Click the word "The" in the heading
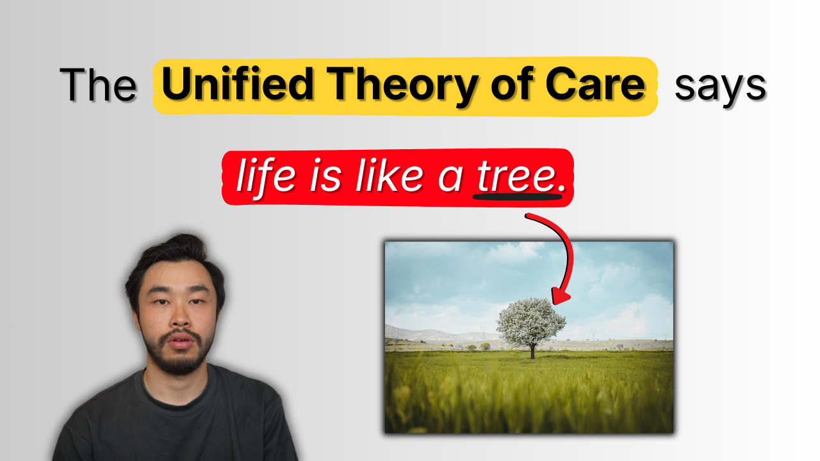[98, 86]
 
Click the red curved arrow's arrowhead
[560, 296]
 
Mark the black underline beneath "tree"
[517, 196]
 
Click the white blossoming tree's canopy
[531, 321]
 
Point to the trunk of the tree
[532, 352]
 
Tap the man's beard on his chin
[179, 362]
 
